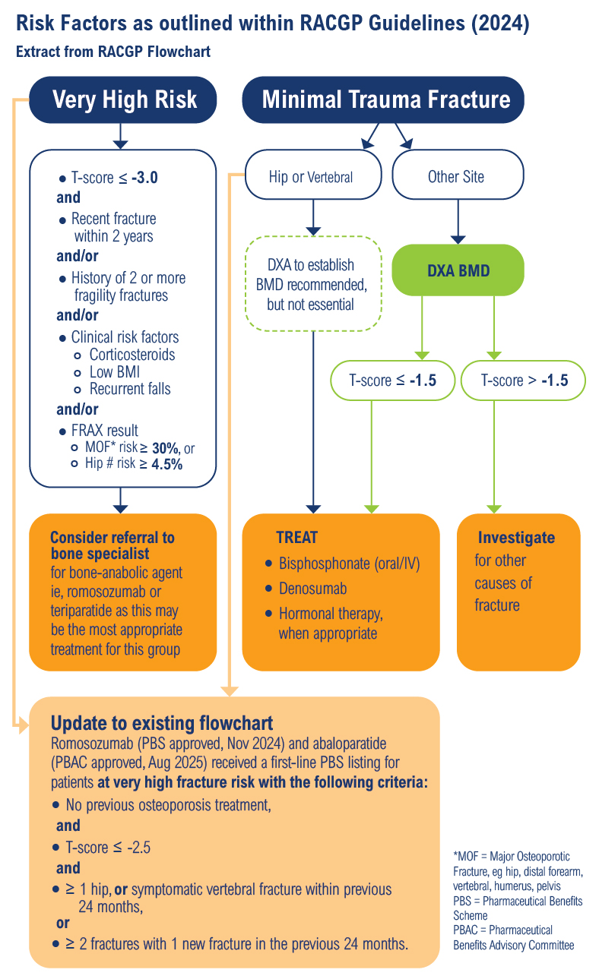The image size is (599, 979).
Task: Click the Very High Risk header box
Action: (123, 99)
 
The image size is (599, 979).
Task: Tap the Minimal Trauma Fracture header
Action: (383, 99)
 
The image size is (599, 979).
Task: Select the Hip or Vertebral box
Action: (313, 175)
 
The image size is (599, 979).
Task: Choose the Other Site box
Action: (458, 175)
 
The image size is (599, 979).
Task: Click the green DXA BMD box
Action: (458, 270)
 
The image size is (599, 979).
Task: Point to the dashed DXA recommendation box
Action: (313, 284)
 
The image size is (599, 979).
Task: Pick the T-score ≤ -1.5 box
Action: (392, 381)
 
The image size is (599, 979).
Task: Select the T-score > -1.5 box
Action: (523, 381)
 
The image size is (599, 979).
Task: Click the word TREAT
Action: (296, 538)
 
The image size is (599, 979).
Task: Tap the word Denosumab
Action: (313, 589)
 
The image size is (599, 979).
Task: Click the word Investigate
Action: (516, 538)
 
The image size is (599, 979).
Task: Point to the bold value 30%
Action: (166, 448)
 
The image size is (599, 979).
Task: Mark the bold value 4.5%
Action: (166, 464)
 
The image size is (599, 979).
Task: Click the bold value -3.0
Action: (144, 178)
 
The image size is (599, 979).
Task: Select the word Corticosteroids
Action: (132, 355)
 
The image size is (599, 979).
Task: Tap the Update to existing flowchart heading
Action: (162, 723)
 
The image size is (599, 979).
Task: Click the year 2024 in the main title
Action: (500, 23)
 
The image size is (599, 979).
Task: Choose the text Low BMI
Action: (115, 372)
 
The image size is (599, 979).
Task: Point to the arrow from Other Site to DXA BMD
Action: (458, 222)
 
